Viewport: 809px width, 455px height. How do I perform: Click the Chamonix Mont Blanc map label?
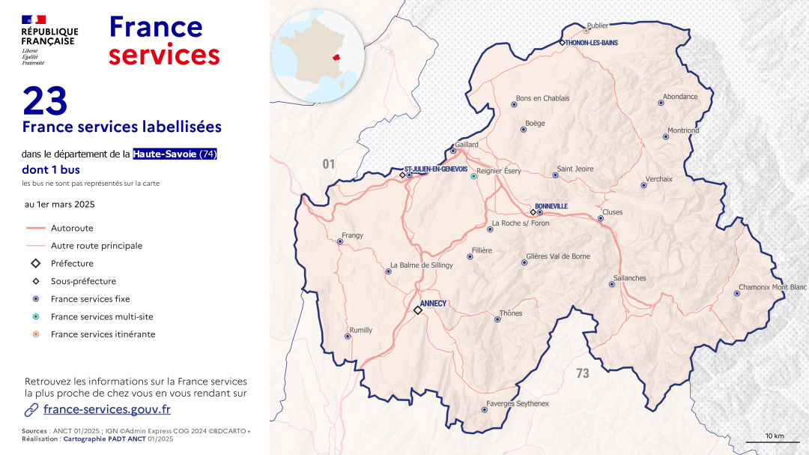(x=772, y=287)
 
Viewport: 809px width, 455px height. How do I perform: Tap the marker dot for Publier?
(x=587, y=31)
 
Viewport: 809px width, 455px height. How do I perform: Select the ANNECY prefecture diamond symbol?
(x=418, y=310)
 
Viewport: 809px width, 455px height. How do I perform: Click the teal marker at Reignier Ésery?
(x=473, y=176)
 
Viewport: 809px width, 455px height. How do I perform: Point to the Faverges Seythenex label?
(x=518, y=404)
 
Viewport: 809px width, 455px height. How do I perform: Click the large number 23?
(x=45, y=101)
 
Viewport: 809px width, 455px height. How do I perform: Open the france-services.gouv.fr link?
(x=106, y=409)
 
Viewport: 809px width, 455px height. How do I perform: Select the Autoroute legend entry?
(x=72, y=228)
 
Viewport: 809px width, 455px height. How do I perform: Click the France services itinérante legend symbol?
(x=35, y=334)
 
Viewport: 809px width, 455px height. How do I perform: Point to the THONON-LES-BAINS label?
(x=593, y=43)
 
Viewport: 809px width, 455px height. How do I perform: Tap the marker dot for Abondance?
(x=661, y=103)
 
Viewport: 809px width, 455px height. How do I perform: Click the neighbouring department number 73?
(x=583, y=373)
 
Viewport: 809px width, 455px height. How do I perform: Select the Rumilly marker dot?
(x=348, y=337)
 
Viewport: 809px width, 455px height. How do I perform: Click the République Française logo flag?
(x=34, y=19)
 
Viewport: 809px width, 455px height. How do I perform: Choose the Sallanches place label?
(x=629, y=278)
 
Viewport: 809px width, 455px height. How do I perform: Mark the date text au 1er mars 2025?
(x=60, y=204)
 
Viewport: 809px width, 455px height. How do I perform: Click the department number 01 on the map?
(x=328, y=163)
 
